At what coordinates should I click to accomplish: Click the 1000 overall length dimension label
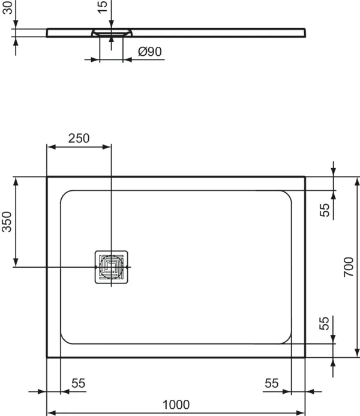tap(176, 405)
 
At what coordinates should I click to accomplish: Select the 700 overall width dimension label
tap(349, 267)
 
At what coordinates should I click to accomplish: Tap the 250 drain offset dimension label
tap(79, 137)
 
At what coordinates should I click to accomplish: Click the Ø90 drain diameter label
tap(149, 52)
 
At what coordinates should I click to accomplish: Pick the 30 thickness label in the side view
tap(7, 11)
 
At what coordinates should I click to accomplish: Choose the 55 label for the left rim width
tap(79, 384)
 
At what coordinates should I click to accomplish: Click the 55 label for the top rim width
tap(325, 210)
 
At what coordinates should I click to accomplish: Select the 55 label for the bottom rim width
tap(325, 324)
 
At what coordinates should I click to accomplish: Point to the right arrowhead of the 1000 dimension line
tap(302, 413)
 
